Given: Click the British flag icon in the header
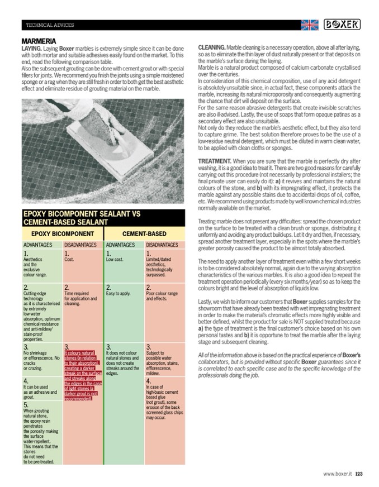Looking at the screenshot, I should (309, 25).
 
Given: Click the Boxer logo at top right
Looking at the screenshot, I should (342, 25).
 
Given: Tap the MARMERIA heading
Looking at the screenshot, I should (39, 41).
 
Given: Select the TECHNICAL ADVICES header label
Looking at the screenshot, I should (50, 25).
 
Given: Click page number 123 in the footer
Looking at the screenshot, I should (359, 474).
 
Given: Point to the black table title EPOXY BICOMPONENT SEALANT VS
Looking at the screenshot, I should (82, 214).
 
